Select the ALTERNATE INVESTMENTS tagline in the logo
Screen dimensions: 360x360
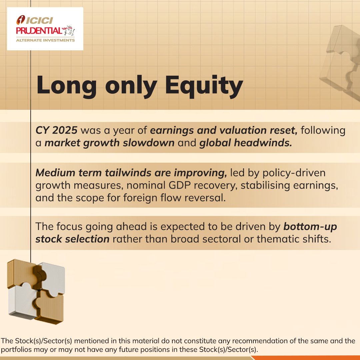pos(45,40)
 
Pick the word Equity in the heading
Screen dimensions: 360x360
pos(204,86)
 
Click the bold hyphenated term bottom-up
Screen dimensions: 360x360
pos(310,227)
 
